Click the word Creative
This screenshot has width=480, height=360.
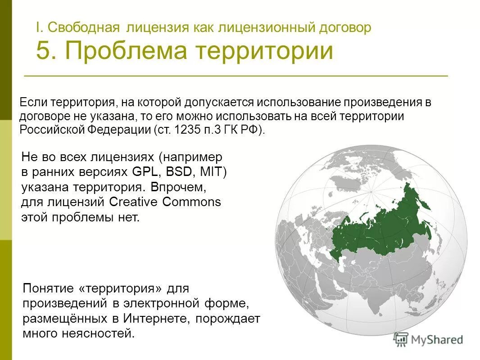pos(134,202)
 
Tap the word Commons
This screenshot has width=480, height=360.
pos(192,202)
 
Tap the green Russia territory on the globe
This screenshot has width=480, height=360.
pos(383,229)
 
